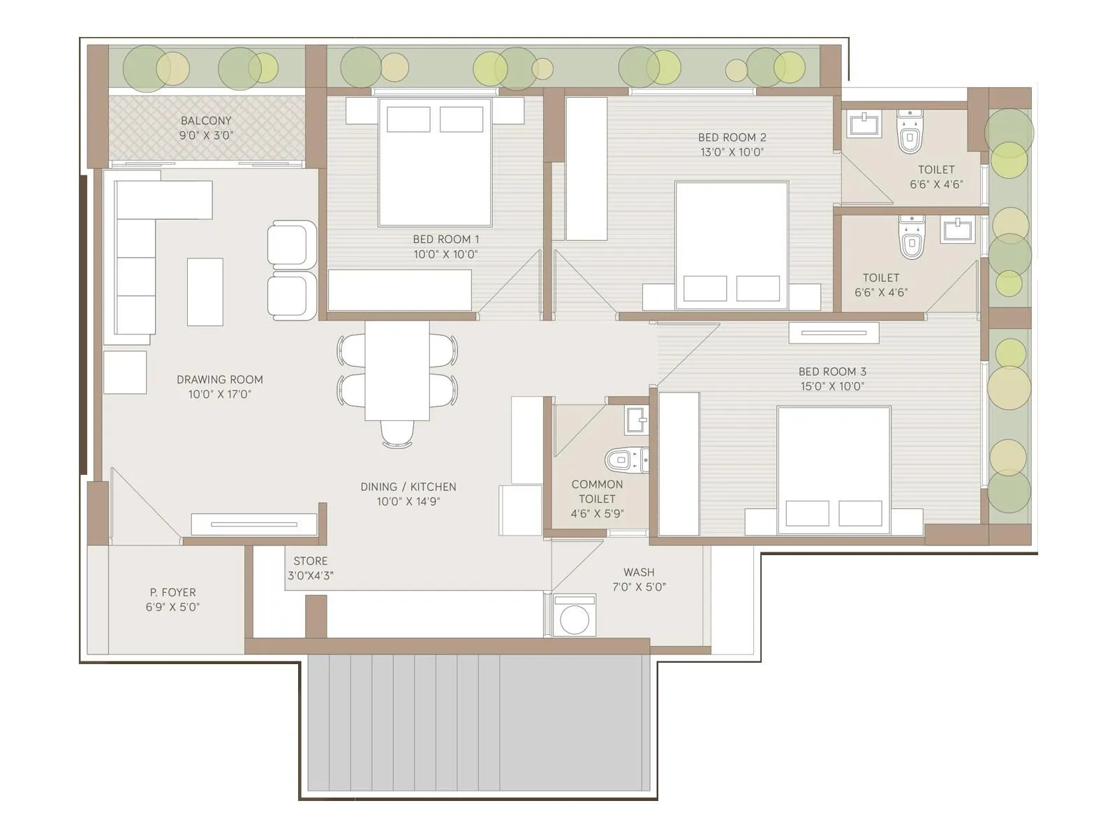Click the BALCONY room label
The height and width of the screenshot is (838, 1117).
tap(206, 120)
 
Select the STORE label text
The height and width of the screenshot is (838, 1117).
tap(311, 561)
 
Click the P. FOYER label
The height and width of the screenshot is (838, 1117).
tap(172, 592)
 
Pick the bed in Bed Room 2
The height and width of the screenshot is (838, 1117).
tap(732, 244)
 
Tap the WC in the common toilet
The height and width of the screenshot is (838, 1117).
tap(619, 460)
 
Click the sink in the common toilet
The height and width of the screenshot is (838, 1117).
tap(637, 420)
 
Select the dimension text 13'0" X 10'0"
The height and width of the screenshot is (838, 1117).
tap(732, 152)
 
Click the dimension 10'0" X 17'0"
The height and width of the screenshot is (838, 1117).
tap(219, 395)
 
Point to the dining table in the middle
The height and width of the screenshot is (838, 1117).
tap(397, 370)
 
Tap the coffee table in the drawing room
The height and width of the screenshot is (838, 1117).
tap(205, 291)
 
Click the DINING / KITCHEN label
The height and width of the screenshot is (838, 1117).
tap(408, 487)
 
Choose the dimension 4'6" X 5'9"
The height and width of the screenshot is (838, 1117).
tap(597, 514)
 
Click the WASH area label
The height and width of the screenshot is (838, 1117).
tap(639, 572)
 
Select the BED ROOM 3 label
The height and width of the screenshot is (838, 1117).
tap(832, 372)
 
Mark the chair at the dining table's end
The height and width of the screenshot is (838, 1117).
tap(397, 434)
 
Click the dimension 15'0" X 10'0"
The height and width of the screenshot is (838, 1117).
tap(832, 386)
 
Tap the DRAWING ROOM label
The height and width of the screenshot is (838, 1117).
tap(219, 379)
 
